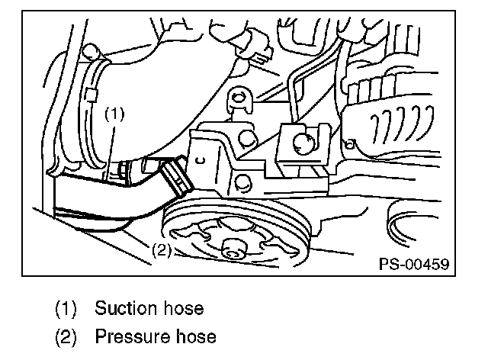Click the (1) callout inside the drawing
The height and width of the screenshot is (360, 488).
click(x=113, y=114)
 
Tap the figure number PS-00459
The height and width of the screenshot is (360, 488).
click(x=413, y=264)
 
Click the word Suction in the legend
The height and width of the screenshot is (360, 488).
click(x=121, y=309)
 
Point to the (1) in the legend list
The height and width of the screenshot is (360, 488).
click(x=66, y=309)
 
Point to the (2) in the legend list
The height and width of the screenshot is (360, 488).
click(x=66, y=336)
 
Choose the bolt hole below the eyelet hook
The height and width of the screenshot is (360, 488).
click(x=246, y=137)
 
